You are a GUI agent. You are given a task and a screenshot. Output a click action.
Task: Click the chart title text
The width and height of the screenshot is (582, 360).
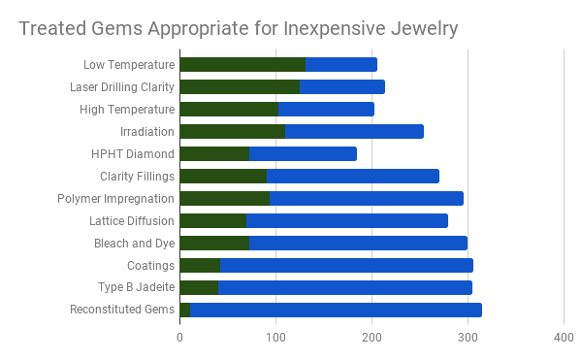click(x=239, y=28)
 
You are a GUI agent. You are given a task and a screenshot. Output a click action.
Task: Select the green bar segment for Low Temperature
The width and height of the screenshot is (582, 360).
click(x=242, y=65)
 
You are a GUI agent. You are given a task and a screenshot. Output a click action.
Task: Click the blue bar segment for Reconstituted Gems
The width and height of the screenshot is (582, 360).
click(x=336, y=311)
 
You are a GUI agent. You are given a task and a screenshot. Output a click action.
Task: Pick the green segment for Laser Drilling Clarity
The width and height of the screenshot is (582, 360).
click(x=240, y=87)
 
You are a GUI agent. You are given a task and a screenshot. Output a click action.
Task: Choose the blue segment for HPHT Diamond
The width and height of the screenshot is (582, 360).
click(x=303, y=154)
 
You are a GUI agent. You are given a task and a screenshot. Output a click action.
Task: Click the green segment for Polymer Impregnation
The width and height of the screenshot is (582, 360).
click(x=224, y=199)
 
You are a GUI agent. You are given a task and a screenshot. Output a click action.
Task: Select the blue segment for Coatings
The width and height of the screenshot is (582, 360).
click(x=346, y=266)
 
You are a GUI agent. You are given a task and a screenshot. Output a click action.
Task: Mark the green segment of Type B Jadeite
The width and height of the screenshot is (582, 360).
click(x=199, y=288)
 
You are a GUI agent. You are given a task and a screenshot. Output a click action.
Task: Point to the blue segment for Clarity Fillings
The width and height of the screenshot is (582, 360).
click(x=353, y=177)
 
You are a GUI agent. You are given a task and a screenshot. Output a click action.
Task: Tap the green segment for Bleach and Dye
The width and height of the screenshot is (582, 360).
click(x=214, y=244)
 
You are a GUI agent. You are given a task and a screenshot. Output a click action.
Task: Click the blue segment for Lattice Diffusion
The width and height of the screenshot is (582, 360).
click(x=346, y=221)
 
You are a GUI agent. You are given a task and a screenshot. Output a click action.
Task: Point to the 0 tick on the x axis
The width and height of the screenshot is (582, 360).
click(x=180, y=337)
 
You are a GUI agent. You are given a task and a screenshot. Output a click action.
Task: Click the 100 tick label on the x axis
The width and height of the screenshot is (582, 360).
click(x=276, y=337)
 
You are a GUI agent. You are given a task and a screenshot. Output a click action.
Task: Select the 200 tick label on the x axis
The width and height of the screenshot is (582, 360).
click(x=372, y=337)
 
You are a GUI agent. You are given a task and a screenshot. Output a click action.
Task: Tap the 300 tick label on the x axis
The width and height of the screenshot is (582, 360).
click(x=468, y=337)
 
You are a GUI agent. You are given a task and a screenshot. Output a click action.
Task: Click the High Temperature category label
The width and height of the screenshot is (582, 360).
click(x=127, y=110)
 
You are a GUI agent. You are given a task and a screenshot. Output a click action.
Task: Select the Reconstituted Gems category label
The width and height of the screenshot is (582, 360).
click(x=122, y=311)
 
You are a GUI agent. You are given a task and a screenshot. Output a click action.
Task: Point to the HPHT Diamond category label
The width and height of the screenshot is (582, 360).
click(x=133, y=154)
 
